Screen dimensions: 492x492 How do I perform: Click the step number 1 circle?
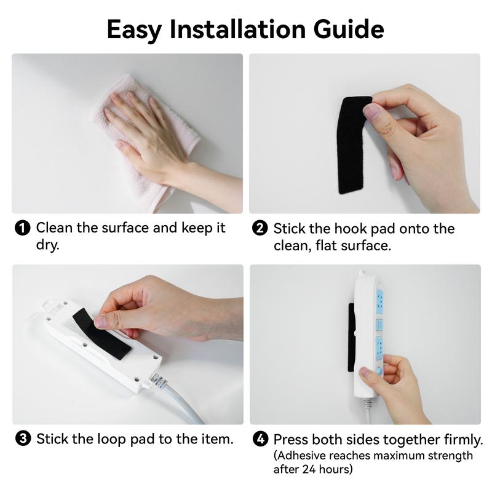pyautogui.click(x=22, y=229)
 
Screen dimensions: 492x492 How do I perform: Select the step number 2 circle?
pyautogui.click(x=260, y=229)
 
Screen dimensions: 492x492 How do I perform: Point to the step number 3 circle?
pyautogui.click(x=22, y=439)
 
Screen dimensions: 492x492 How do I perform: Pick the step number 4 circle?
pyautogui.click(x=261, y=440)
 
